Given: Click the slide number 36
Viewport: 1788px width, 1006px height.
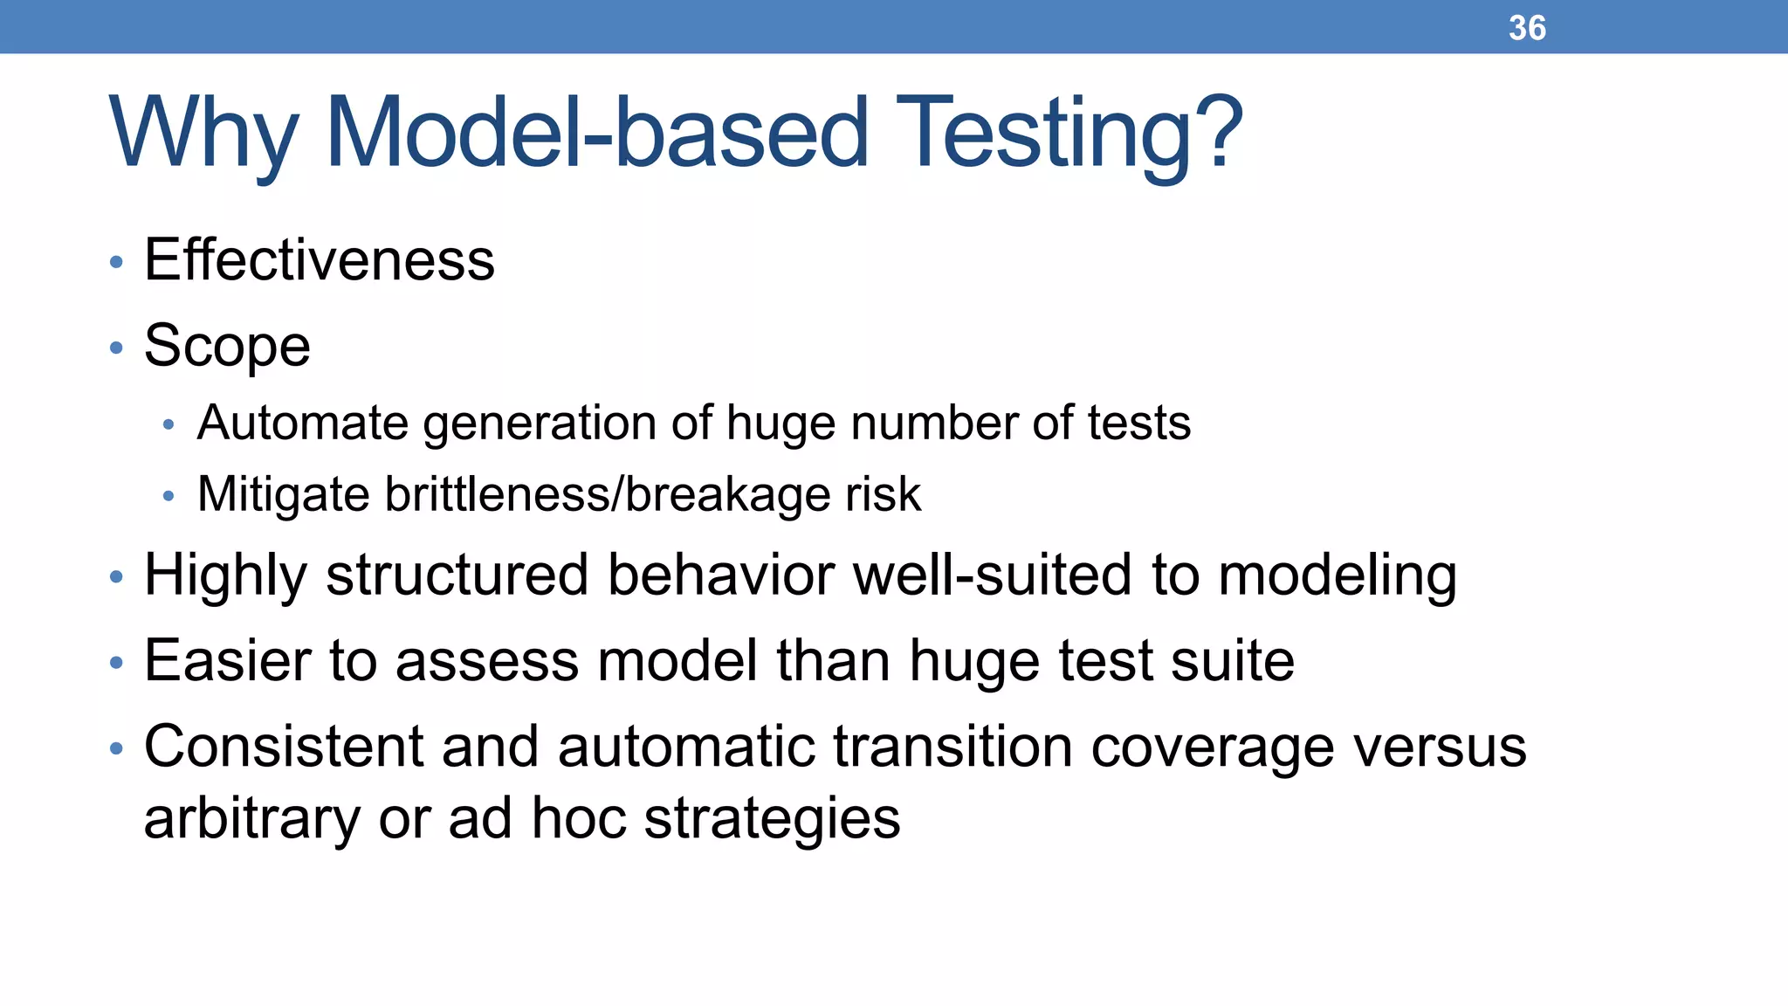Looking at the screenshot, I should (1527, 28).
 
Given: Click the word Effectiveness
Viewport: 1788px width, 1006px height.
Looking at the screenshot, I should (319, 260).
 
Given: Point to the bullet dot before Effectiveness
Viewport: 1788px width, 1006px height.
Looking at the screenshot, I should (117, 262).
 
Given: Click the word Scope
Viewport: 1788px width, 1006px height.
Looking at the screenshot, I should (227, 346).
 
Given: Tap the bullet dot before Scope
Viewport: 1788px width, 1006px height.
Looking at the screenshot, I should (117, 348).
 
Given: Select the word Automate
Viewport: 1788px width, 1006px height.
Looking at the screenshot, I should (302, 423).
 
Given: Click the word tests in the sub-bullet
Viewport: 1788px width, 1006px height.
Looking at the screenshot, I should (1138, 423).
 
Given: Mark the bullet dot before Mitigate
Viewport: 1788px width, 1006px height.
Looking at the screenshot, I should (168, 496).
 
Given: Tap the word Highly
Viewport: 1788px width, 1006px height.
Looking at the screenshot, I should (225, 576).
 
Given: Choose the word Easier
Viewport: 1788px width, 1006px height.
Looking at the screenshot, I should (227, 660).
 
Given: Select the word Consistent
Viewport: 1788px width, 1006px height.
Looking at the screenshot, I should (283, 747).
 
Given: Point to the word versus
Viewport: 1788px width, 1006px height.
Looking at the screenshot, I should (1440, 747).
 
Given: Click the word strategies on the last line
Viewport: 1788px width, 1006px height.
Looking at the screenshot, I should (772, 819).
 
